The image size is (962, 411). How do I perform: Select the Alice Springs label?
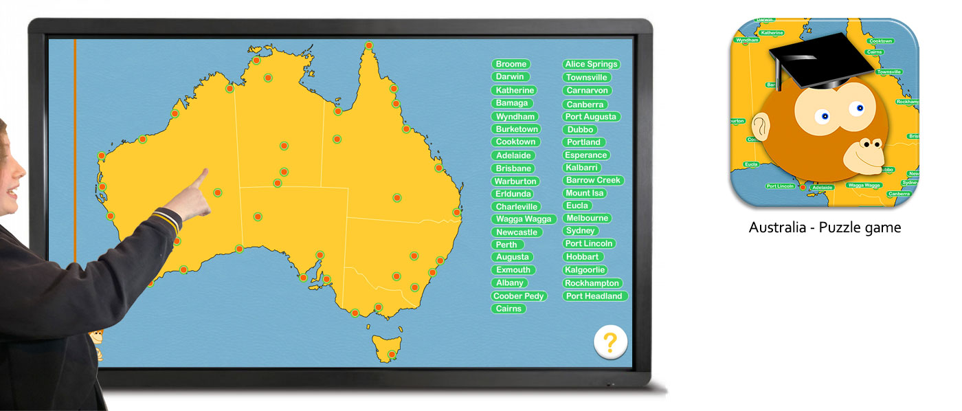pyautogui.click(x=591, y=64)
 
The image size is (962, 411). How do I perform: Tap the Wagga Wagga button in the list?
pyautogui.click(x=524, y=219)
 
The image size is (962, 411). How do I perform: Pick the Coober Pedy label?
pyautogui.click(x=519, y=296)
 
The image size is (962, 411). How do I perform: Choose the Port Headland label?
pyautogui.click(x=594, y=296)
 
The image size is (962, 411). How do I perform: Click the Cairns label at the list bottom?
pyautogui.click(x=508, y=309)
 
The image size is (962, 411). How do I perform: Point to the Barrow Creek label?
pyautogui.click(x=593, y=180)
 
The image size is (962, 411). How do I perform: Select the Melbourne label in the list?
pyautogui.click(x=587, y=218)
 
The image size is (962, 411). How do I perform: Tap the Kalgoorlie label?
pyautogui.click(x=585, y=270)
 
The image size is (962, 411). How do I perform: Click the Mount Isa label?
pyautogui.click(x=584, y=193)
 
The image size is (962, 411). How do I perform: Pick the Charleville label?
pyautogui.click(x=517, y=206)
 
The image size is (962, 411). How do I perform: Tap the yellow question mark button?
pyautogui.click(x=610, y=342)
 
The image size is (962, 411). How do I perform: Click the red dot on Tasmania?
pyautogui.click(x=392, y=355)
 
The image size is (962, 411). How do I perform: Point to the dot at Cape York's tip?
pyautogui.click(x=369, y=45)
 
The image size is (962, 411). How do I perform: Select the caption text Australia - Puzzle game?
pyautogui.click(x=825, y=227)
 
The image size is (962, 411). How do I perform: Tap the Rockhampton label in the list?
pyautogui.click(x=592, y=283)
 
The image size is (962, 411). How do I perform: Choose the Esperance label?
pyautogui.click(x=585, y=155)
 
